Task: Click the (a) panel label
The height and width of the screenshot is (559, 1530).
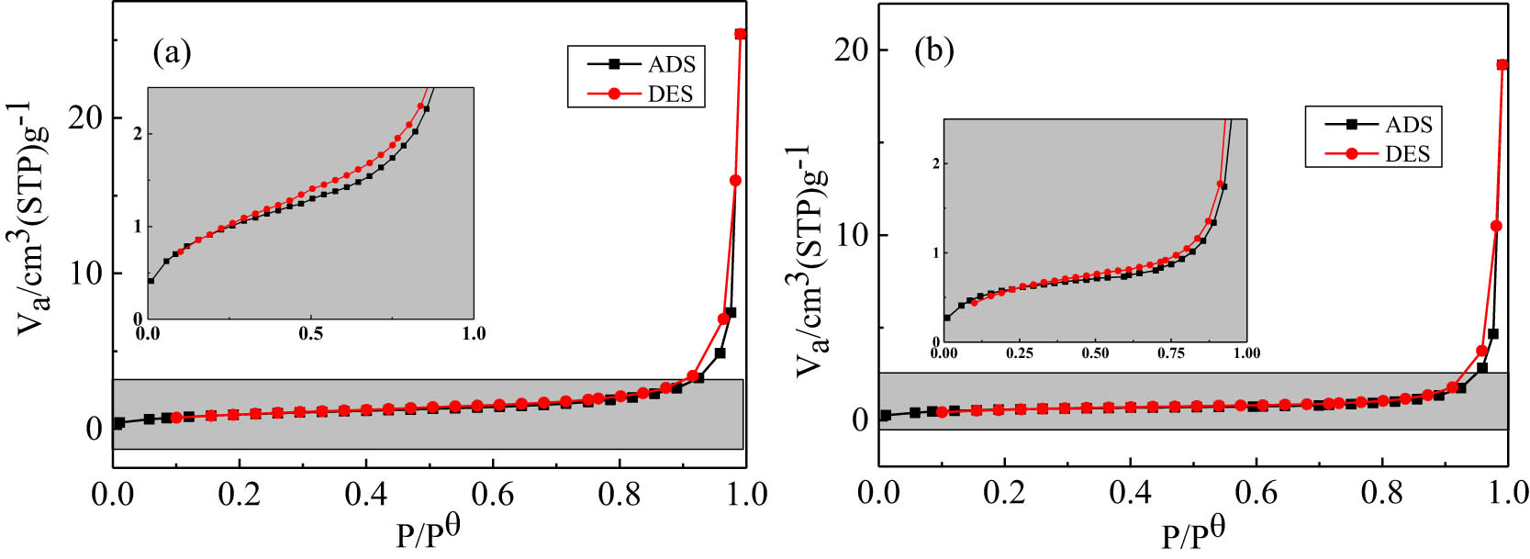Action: [172, 53]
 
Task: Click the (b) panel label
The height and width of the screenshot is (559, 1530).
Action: [933, 50]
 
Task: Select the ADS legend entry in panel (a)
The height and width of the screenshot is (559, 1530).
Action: [671, 64]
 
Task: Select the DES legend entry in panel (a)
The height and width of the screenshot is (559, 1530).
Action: [670, 95]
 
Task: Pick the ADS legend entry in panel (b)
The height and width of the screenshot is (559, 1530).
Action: [1408, 125]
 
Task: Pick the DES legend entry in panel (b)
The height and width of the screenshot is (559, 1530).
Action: [1407, 153]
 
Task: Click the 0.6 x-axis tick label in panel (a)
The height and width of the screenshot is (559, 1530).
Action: [493, 494]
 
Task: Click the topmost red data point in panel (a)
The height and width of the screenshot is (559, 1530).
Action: [740, 35]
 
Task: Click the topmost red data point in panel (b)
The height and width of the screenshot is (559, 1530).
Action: [1502, 65]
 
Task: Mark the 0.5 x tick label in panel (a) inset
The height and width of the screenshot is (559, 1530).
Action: [311, 333]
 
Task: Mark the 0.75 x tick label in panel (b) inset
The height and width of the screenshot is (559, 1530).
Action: [1170, 353]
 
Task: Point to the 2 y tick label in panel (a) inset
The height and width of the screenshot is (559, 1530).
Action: [138, 134]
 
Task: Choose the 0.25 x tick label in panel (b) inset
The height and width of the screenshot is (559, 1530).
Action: [1019, 353]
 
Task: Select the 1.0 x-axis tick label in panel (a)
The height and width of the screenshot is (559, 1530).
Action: [746, 494]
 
